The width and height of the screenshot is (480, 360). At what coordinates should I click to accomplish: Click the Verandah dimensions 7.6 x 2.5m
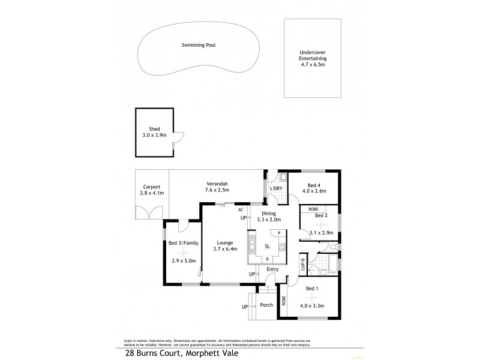216,190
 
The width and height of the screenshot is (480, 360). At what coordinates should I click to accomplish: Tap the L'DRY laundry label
276,189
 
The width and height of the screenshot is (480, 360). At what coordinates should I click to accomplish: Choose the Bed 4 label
315,185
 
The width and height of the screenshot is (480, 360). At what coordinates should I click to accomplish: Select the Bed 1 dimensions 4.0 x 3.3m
313,307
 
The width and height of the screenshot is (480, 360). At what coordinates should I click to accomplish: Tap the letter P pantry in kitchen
271,233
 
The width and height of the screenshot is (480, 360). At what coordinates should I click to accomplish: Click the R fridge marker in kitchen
267,259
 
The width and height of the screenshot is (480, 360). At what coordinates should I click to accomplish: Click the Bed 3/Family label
183,243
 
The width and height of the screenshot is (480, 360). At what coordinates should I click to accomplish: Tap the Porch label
266,305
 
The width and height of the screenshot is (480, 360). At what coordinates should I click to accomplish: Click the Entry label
273,269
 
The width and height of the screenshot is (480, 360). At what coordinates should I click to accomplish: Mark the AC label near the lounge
241,209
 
